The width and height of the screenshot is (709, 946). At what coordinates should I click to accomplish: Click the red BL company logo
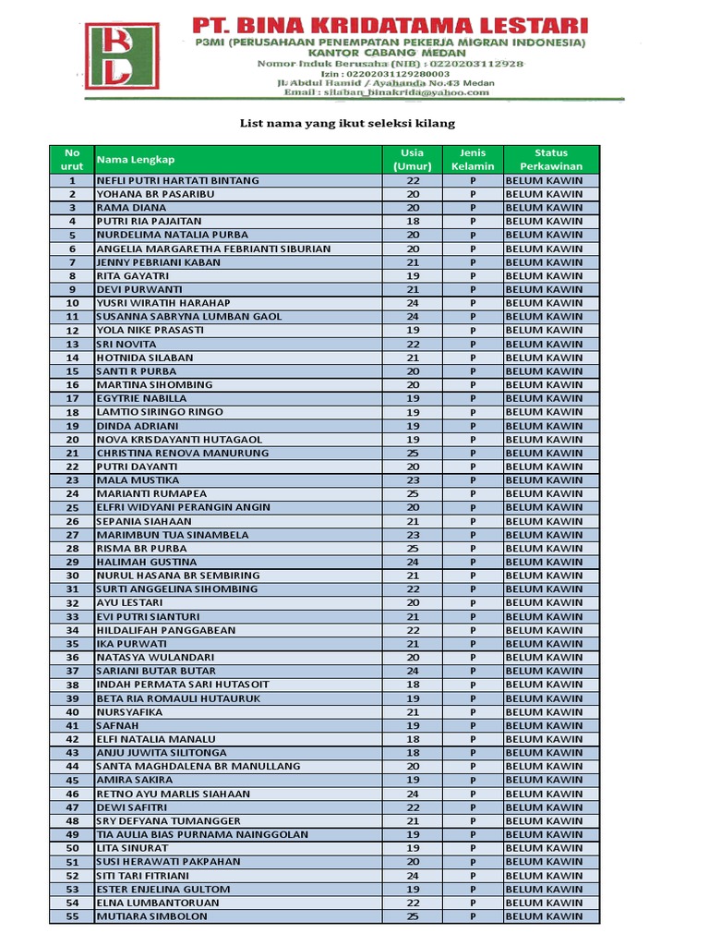[x=122, y=55]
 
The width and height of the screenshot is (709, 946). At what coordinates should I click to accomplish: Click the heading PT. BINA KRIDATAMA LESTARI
[x=390, y=25]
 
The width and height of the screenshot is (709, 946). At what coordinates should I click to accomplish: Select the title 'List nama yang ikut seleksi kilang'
[x=347, y=123]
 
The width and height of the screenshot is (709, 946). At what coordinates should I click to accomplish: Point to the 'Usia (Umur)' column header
[x=413, y=159]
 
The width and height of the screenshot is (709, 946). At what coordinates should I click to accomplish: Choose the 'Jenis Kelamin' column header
[x=473, y=159]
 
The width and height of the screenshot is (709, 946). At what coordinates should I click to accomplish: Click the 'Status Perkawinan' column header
[x=551, y=159]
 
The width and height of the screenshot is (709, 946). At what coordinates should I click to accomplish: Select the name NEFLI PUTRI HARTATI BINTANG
[x=177, y=181]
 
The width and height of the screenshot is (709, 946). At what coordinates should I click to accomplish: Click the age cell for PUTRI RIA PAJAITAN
[x=413, y=222]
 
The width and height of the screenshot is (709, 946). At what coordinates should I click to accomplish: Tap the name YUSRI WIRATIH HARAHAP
[x=163, y=303]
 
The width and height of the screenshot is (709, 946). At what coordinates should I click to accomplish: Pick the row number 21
[x=73, y=454]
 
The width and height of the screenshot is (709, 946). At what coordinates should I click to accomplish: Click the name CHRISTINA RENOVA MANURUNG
[x=183, y=454]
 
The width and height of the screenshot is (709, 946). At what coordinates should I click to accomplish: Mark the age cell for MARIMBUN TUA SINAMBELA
[x=413, y=535]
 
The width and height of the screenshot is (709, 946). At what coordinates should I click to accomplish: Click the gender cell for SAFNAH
[x=473, y=726]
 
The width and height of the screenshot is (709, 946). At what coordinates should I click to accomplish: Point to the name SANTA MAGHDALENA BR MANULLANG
[x=198, y=767]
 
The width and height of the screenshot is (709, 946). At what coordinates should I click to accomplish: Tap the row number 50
[x=73, y=848]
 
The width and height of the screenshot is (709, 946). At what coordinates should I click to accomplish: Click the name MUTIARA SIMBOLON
[x=152, y=916]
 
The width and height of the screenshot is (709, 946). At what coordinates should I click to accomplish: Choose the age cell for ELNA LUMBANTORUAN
[x=413, y=903]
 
